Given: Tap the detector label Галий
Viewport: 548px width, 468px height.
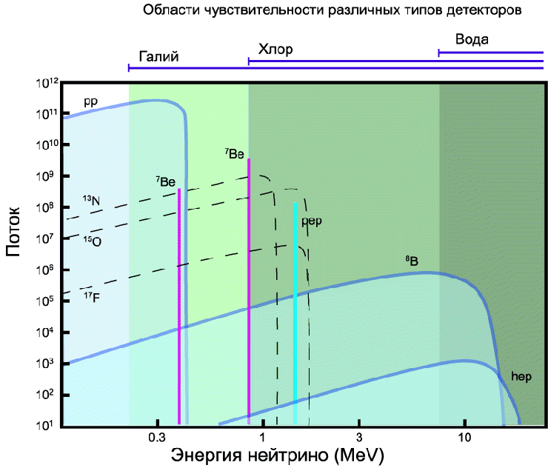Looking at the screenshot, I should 159,57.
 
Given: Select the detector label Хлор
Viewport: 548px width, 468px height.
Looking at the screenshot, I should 275,50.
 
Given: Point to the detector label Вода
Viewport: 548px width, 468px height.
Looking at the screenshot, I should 472,40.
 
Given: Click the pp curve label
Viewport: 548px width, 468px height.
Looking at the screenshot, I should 90,101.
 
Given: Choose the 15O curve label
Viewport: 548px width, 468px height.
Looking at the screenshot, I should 91,240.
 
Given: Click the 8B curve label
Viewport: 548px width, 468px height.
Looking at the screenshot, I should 412,261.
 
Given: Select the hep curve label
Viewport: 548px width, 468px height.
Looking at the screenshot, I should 521,377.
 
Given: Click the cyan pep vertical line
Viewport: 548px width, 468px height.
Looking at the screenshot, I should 295,311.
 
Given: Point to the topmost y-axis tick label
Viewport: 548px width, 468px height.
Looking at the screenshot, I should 45,84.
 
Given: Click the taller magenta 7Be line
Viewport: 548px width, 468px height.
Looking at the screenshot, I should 249,296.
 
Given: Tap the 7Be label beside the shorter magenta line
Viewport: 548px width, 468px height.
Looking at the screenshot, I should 165,181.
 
